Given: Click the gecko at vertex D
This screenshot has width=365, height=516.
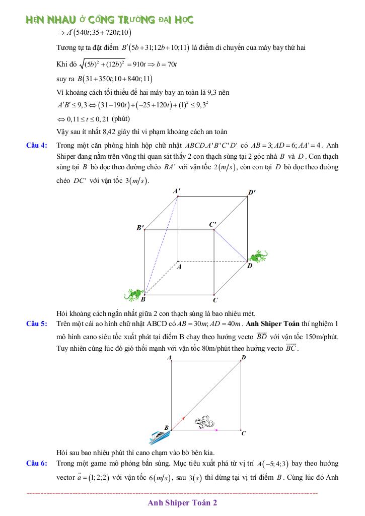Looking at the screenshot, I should pos(259,256).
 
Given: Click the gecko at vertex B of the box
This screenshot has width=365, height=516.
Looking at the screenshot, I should pos(134,293).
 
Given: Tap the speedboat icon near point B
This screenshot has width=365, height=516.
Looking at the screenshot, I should pos(160,434).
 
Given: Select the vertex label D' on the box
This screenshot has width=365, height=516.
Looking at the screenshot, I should pos(252,192).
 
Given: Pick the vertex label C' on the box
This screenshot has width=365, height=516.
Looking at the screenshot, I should pos(213,224).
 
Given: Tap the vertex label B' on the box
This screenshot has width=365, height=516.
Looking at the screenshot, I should pos(140,228).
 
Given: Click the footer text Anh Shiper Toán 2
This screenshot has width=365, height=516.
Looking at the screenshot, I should pos(183,502).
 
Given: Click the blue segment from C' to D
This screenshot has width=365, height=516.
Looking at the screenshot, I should pos(231,245).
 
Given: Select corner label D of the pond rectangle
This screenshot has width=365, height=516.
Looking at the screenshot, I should pos(244,357).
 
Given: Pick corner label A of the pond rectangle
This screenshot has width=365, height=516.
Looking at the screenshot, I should pos(169,357).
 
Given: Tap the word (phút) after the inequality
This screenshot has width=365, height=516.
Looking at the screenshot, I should pos(121,119).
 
